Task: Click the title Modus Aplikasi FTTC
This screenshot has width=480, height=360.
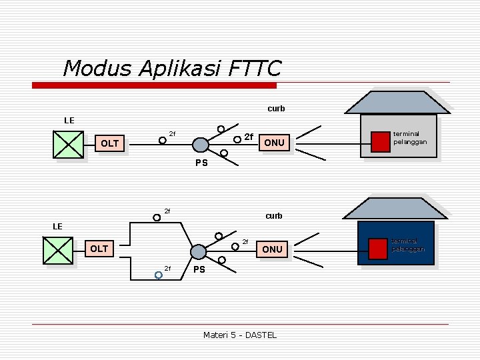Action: (x=172, y=68)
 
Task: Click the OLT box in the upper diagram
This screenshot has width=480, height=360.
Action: (x=109, y=143)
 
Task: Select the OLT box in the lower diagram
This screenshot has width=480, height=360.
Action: (x=99, y=249)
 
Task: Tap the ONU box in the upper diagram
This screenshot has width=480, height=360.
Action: (x=274, y=143)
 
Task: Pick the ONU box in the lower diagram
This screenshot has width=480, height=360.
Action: (x=272, y=249)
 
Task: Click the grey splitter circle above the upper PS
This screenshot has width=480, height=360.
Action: (x=200, y=145)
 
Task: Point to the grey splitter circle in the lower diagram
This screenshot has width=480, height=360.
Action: (x=199, y=251)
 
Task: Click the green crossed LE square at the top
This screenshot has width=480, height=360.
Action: (x=68, y=144)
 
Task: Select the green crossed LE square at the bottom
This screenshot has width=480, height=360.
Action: (x=57, y=250)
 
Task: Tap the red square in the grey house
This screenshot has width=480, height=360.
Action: (x=380, y=141)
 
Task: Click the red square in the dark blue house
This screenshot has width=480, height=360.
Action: (x=379, y=247)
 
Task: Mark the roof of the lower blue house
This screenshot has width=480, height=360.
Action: (x=397, y=207)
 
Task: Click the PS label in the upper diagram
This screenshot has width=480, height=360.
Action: (x=201, y=163)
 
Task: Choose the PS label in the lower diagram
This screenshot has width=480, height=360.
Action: (x=199, y=270)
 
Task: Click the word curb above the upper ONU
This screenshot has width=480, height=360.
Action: (x=276, y=108)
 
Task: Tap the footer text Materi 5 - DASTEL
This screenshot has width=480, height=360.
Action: (x=239, y=335)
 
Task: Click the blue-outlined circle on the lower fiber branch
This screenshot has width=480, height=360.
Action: (x=159, y=274)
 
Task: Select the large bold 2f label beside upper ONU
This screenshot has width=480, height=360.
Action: (x=249, y=137)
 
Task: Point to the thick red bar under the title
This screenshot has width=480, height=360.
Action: (x=155, y=85)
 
